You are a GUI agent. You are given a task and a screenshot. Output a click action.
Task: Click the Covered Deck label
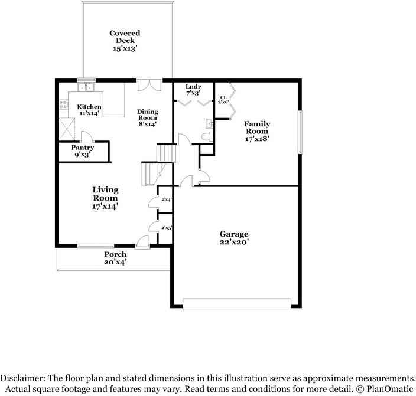tap(125, 41)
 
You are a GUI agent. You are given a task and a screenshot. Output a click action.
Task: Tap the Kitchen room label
tap(89, 110)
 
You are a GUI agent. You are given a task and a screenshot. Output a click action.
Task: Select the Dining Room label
tap(147, 117)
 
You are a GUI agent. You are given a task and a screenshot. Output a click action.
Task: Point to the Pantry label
tap(82, 151)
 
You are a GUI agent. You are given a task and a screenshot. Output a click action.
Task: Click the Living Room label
tap(105, 198)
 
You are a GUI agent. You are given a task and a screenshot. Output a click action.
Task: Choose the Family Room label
tap(257, 131)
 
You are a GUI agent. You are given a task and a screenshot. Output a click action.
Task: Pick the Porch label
tap(115, 258)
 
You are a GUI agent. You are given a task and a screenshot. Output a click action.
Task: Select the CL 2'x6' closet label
tap(223, 100)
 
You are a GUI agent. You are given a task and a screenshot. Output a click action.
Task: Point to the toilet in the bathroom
tap(205, 136)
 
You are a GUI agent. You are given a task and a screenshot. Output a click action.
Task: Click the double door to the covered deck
tap(148, 84)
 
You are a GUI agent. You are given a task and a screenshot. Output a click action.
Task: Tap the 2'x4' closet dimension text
tap(166, 200)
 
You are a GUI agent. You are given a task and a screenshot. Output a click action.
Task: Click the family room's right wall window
tap(300, 133)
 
